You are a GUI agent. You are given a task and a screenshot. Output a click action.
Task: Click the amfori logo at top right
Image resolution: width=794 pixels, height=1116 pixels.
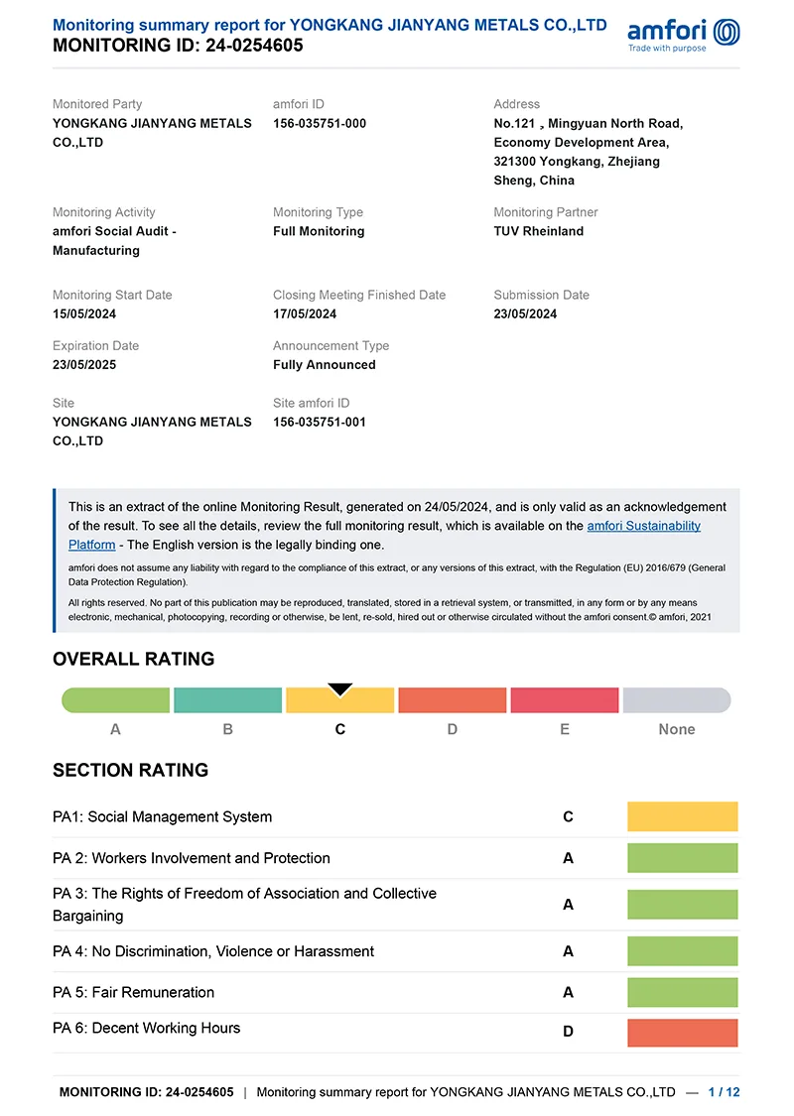pos(684,34)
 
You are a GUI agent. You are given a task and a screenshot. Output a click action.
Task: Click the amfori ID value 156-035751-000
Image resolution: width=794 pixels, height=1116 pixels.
pos(320,123)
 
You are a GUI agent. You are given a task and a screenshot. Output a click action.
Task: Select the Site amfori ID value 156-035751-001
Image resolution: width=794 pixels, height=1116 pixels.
pos(320,422)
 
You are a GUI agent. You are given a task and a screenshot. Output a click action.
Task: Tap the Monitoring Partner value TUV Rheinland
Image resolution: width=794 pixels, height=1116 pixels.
pos(538,231)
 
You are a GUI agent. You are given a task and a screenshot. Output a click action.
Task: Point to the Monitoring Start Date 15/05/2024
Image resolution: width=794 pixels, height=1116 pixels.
pos(84,313)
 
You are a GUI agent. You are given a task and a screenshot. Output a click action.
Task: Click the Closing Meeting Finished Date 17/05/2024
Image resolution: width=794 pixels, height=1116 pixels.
pos(305,313)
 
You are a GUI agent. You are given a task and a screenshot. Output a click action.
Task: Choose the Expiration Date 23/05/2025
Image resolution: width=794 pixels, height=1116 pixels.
pos(84,364)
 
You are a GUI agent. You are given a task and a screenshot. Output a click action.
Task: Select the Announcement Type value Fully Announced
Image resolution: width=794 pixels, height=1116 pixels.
pos(325,364)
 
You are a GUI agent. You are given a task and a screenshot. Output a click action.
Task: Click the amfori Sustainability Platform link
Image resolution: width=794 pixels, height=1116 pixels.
pos(643,526)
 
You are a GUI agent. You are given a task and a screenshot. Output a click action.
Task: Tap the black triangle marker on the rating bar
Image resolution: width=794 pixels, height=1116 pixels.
pos(340,689)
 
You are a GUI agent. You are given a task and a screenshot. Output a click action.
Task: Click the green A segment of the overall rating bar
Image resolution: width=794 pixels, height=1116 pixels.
pos(116,700)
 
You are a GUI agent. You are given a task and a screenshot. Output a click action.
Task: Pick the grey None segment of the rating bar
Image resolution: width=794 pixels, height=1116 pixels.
pos(677,700)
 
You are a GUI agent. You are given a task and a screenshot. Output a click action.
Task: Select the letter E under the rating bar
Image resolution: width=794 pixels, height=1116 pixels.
pos(565,729)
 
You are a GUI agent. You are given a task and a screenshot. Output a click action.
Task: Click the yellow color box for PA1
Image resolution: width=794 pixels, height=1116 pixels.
pos(683,816)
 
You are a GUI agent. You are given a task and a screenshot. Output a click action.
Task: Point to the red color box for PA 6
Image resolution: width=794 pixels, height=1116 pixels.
pos(683,1033)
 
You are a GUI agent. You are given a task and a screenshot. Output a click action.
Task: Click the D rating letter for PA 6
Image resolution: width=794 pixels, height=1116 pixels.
pos(568,1032)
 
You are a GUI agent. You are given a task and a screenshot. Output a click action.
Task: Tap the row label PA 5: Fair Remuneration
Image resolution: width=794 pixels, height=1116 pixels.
pos(133,992)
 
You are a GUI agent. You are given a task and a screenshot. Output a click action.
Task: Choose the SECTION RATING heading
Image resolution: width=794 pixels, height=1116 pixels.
pos(130,770)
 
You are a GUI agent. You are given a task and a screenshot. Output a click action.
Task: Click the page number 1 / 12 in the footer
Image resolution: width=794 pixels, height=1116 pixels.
pos(724,1092)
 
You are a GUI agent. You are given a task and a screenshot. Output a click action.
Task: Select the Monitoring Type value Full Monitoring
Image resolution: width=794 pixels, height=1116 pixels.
pos(319,231)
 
